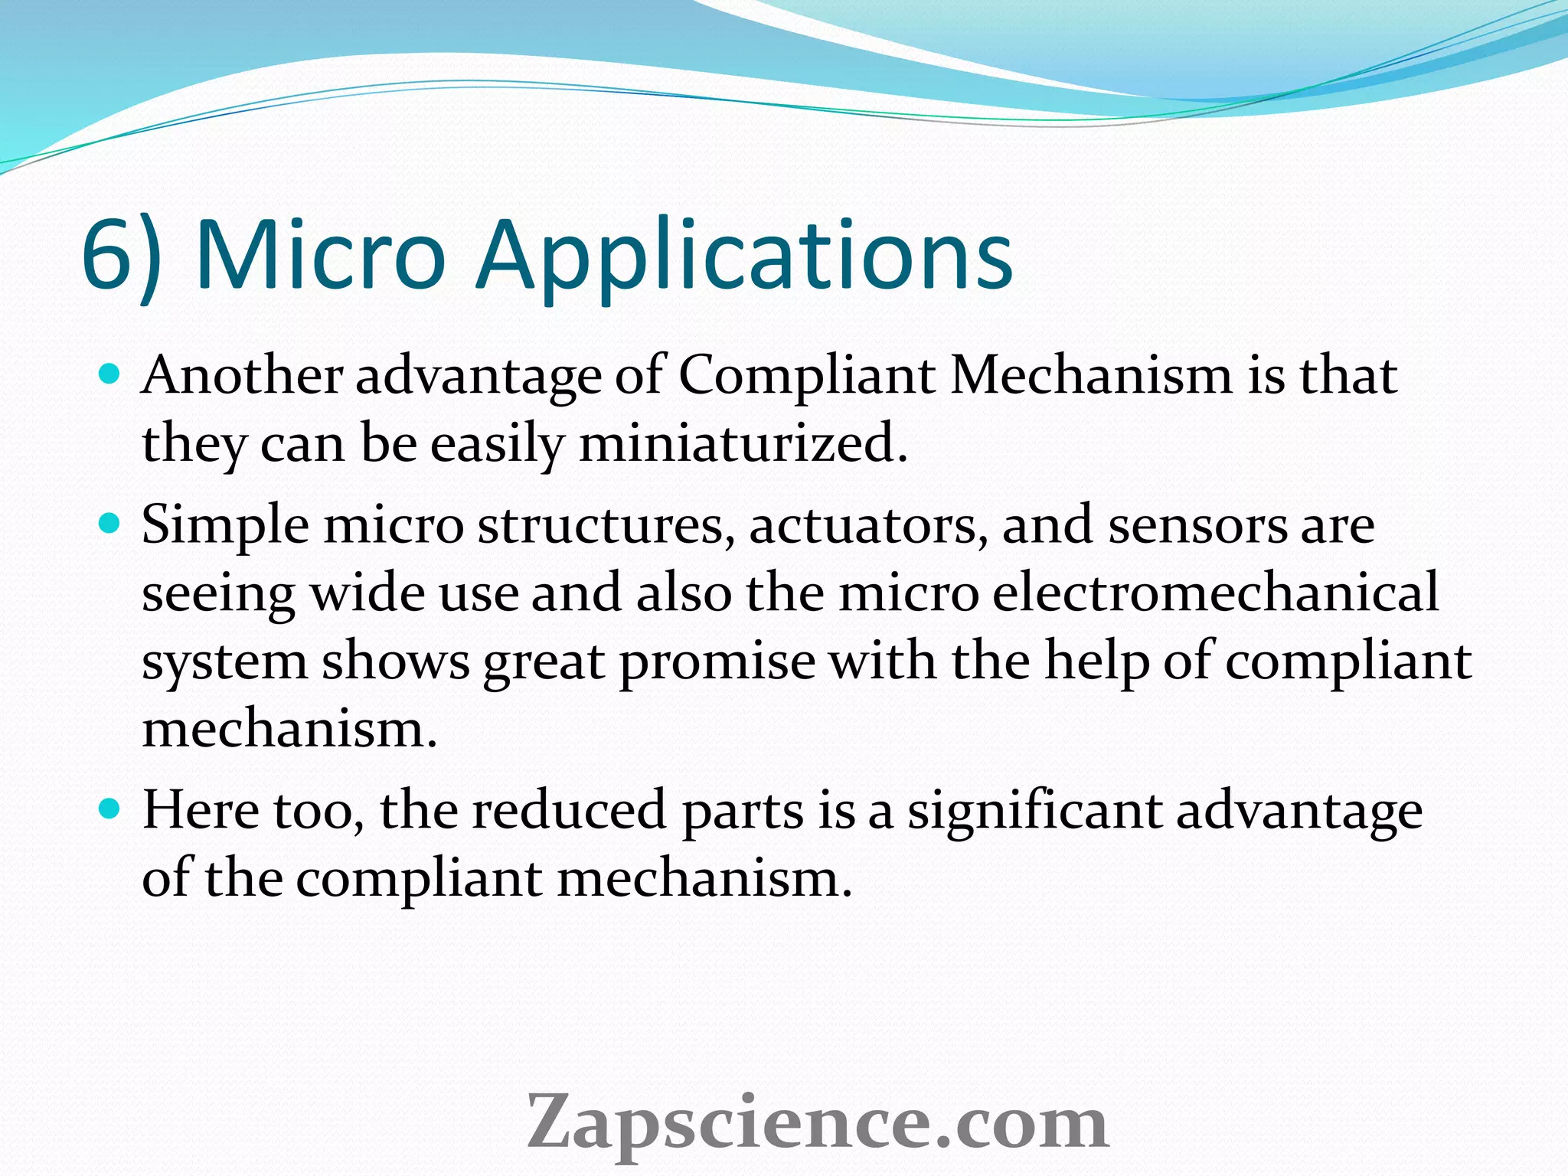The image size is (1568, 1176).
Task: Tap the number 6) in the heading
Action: pyautogui.click(x=122, y=256)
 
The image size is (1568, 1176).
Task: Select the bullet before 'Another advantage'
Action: pyautogui.click(x=111, y=374)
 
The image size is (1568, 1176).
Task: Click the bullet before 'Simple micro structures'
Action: pyautogui.click(x=111, y=524)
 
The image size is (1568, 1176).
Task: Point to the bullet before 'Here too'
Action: pyautogui.click(x=111, y=808)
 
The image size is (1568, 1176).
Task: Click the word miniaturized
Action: pyautogui.click(x=743, y=443)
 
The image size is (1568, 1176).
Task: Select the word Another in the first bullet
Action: pyautogui.click(x=243, y=376)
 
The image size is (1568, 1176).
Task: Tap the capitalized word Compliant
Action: pyautogui.click(x=807, y=377)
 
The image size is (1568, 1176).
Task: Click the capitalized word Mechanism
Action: pyautogui.click(x=1090, y=376)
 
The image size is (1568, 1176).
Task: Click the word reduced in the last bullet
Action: pyautogui.click(x=569, y=810)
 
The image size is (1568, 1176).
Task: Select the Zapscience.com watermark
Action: pyautogui.click(x=817, y=1122)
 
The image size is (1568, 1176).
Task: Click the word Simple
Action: pyautogui.click(x=226, y=528)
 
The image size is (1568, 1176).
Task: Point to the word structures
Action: pyautogui.click(x=602, y=526)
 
